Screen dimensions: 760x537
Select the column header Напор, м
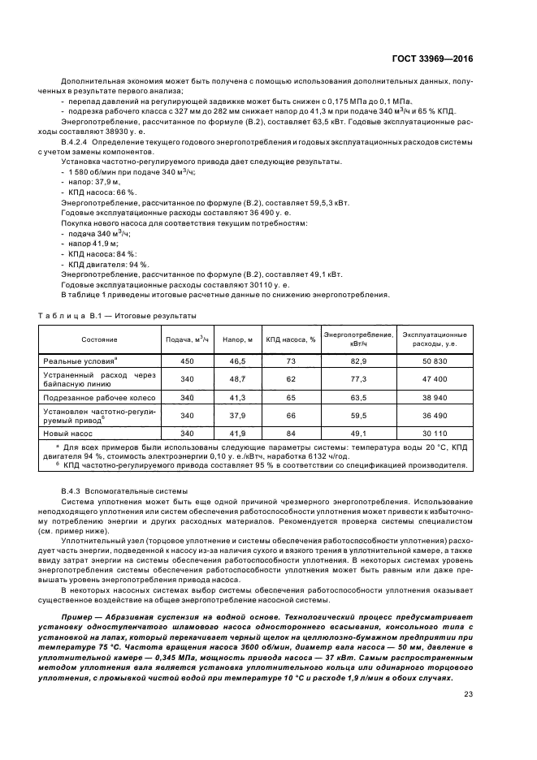pos(238,339)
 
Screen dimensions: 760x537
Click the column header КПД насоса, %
pos(290,339)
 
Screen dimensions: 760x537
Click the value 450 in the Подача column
pos(187,360)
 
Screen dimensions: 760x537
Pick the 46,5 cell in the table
pos(238,360)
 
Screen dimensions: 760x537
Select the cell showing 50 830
pos(435,360)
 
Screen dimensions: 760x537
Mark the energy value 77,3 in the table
pos(359,378)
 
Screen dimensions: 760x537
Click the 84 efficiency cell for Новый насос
pos(290,434)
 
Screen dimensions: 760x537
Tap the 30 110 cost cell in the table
pos(435,434)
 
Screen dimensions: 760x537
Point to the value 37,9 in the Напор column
pos(238,416)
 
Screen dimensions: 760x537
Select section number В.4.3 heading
pos(74,491)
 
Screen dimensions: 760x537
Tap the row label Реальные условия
pos(80,360)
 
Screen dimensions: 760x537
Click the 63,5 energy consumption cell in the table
pos(359,398)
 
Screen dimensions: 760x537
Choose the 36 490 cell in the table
pos(435,416)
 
